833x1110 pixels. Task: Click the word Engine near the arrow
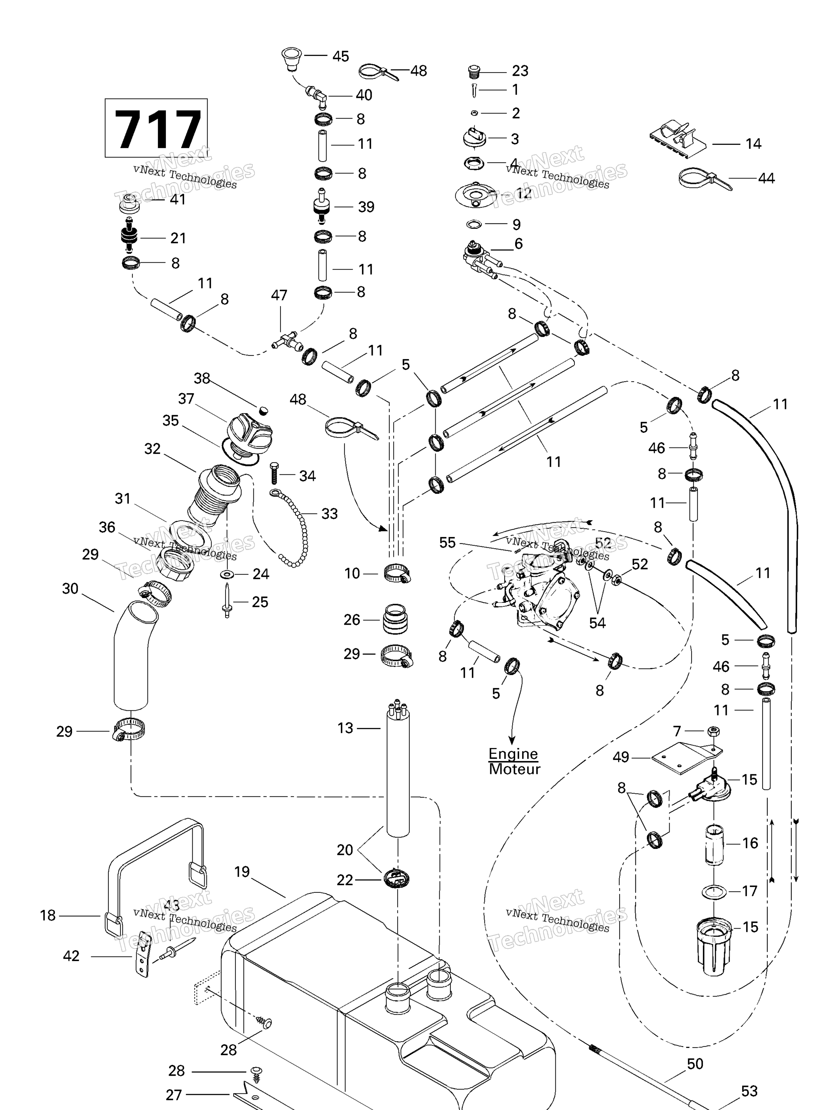(513, 754)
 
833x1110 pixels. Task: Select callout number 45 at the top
(341, 56)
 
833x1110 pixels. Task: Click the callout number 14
(753, 144)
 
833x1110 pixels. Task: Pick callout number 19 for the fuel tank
(242, 872)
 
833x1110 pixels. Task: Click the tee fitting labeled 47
(287, 341)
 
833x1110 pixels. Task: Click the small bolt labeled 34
(274, 474)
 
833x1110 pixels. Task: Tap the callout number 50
(695, 1064)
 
